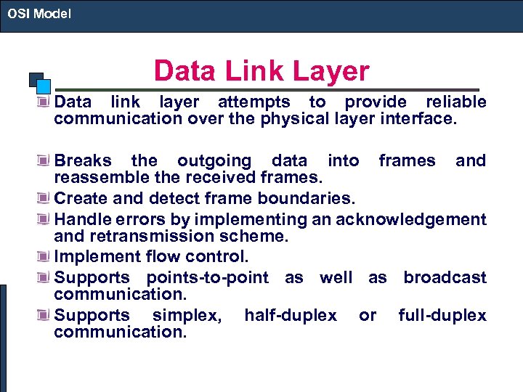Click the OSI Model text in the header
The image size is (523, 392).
tap(39, 12)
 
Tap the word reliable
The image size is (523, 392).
tap(455, 102)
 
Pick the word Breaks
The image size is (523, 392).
tap(83, 160)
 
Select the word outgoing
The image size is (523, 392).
tap(214, 160)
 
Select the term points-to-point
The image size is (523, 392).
tap(207, 277)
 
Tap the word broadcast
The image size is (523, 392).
tap(445, 277)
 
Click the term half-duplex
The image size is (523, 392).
tap(291, 315)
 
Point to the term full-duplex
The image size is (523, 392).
tap(442, 315)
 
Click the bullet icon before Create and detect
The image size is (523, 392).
tap(46, 199)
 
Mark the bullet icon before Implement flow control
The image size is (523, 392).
tap(46, 257)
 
